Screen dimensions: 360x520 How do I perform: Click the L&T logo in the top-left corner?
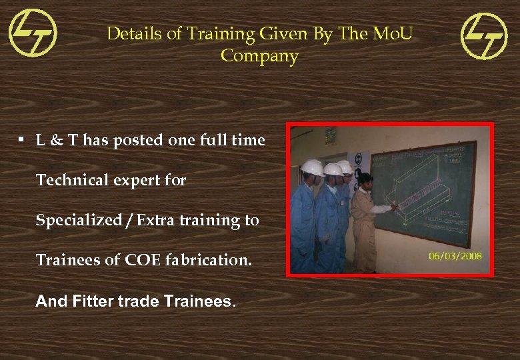point(33,33)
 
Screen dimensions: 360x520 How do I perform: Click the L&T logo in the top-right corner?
point(485,36)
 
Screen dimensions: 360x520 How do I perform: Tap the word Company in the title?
point(259,56)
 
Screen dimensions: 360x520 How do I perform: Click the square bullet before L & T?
point(22,140)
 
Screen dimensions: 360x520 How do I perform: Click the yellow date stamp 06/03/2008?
point(455,255)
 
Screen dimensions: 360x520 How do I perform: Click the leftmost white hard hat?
point(311,167)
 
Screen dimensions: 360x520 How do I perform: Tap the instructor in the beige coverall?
point(364,220)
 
